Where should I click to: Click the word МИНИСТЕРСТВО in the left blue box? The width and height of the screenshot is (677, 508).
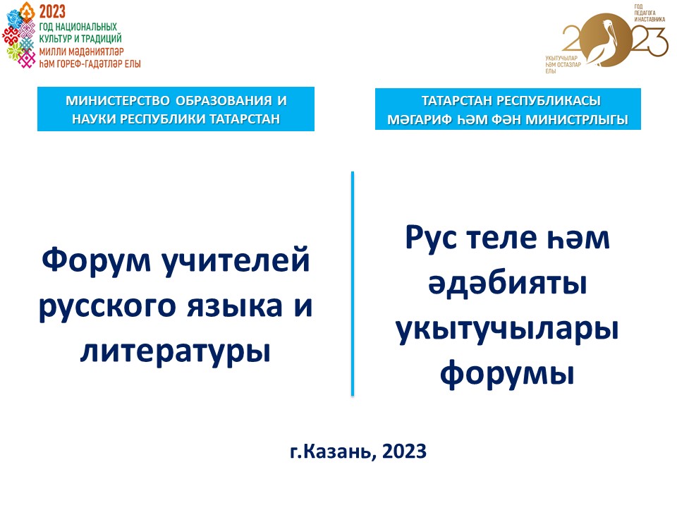click(x=118, y=101)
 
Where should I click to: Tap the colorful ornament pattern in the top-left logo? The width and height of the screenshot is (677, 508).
click(x=19, y=39)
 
